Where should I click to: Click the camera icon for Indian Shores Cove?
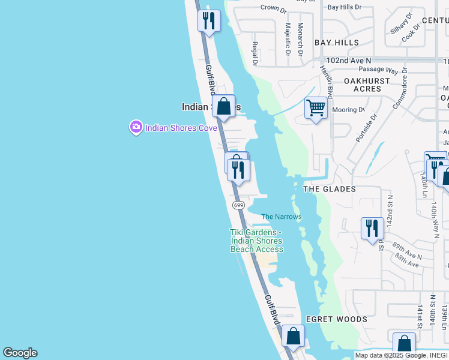click(x=136, y=127)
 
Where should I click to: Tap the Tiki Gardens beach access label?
click(x=256, y=241)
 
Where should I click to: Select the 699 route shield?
click(x=238, y=205)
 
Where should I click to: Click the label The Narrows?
click(x=281, y=217)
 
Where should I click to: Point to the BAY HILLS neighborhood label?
click(x=337, y=43)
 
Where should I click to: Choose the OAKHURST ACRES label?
click(x=363, y=85)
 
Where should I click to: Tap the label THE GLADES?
click(x=330, y=189)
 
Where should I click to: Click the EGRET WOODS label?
click(x=336, y=319)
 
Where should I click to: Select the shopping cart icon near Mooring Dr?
click(x=316, y=109)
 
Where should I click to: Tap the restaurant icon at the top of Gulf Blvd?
click(x=209, y=21)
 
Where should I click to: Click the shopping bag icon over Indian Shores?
click(x=224, y=107)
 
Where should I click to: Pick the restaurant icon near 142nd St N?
click(x=372, y=229)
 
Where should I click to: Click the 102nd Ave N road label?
click(x=349, y=61)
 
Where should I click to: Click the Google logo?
click(x=20, y=353)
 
